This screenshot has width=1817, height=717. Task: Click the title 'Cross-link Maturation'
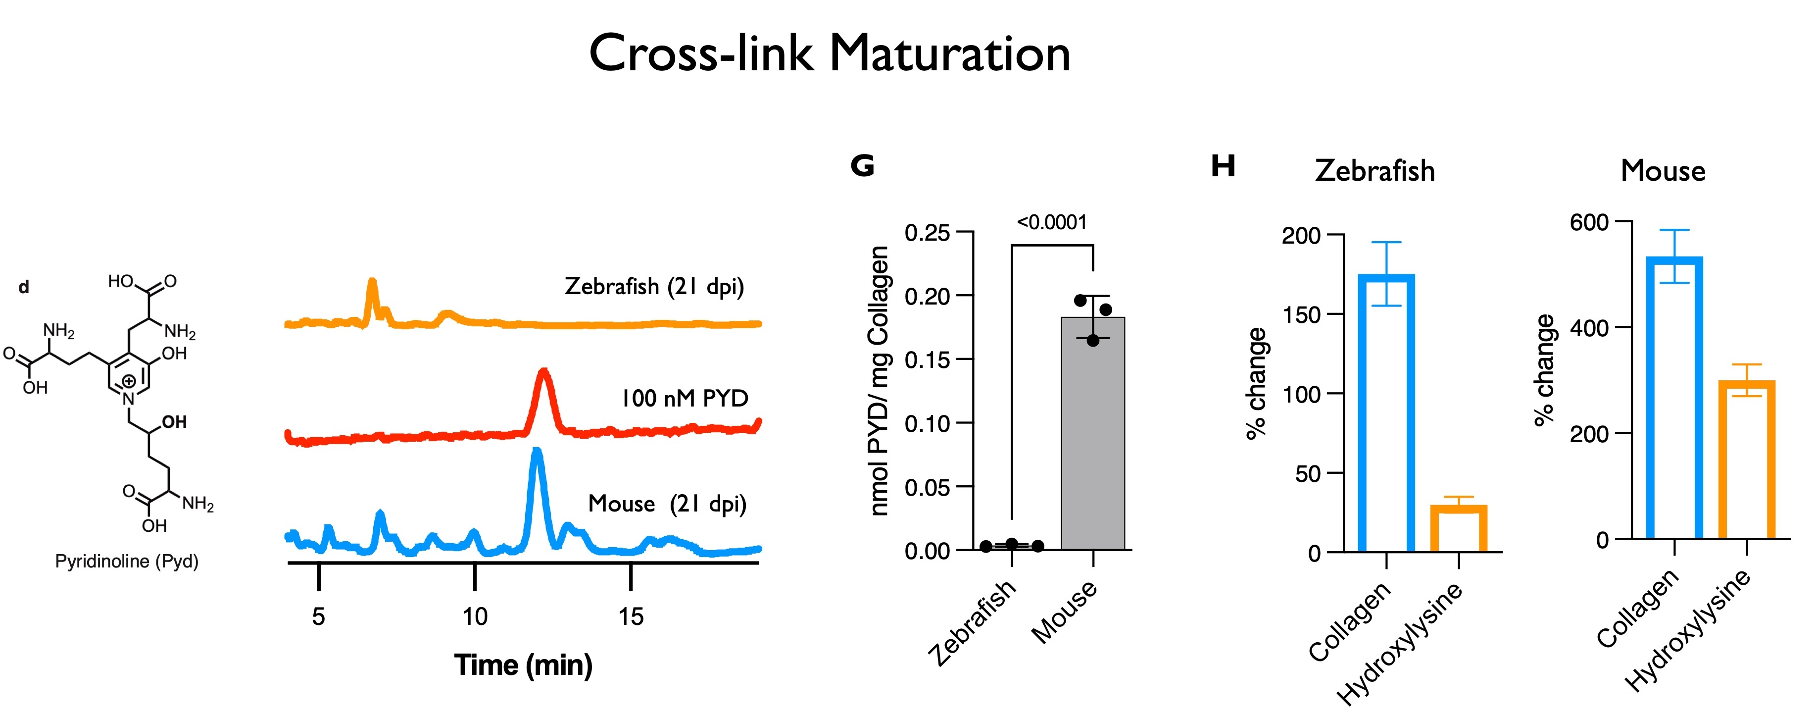coord(830,53)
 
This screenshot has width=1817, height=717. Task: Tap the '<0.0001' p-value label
coord(1052,223)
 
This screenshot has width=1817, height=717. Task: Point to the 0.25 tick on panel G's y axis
coord(927,233)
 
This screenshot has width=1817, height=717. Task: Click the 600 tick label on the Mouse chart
coord(1590,222)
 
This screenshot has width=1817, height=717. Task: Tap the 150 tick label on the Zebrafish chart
coord(1301,315)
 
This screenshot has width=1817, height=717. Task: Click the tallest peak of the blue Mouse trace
coord(537,452)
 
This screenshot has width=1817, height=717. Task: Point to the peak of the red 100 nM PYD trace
coord(543,372)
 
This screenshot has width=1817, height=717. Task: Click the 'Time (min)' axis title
coord(523,665)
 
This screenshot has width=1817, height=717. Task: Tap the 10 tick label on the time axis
coord(475,617)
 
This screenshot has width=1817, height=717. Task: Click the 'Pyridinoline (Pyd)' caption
coord(127,561)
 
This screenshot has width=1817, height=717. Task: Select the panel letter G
coord(862,166)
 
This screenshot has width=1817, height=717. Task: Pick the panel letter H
coord(1223,166)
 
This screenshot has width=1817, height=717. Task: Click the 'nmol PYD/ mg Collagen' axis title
coord(879,381)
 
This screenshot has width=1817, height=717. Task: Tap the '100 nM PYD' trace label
coord(684,398)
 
